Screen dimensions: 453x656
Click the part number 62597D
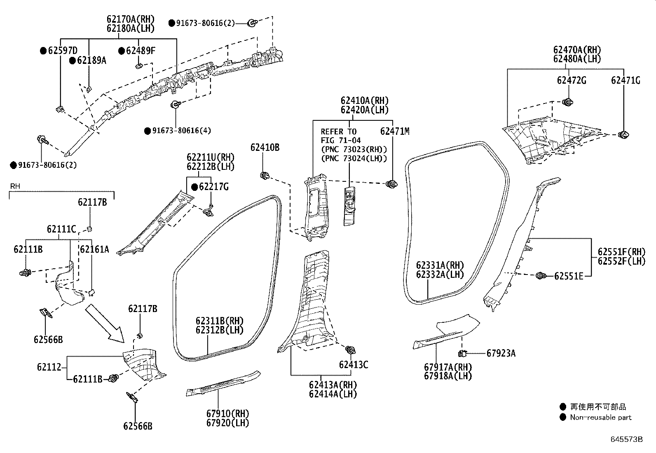[62, 51]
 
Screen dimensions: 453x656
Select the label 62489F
[141, 51]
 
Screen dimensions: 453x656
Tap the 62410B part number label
[265, 147]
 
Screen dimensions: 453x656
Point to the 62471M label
[394, 131]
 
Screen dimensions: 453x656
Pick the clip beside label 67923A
[463, 353]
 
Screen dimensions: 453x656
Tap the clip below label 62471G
[624, 134]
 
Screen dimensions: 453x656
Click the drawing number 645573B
[626, 439]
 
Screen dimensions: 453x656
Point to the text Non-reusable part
[600, 417]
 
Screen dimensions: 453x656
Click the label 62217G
[213, 187]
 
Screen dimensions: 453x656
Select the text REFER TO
[338, 131]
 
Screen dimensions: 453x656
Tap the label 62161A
[94, 249]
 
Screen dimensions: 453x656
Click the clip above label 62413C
[351, 350]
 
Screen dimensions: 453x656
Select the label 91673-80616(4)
[181, 131]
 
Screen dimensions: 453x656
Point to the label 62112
[49, 366]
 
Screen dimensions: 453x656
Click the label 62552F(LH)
[621, 261]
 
